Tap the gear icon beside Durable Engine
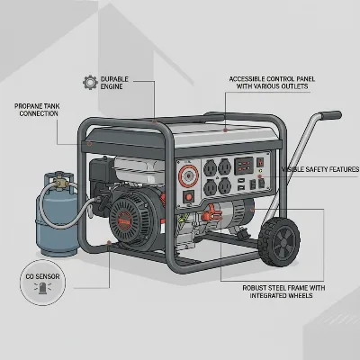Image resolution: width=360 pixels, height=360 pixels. (89, 82)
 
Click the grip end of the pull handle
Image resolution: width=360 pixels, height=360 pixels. (330, 115)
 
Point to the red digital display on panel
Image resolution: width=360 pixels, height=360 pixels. (243, 166)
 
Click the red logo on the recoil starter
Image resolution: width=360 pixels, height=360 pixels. (124, 220)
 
